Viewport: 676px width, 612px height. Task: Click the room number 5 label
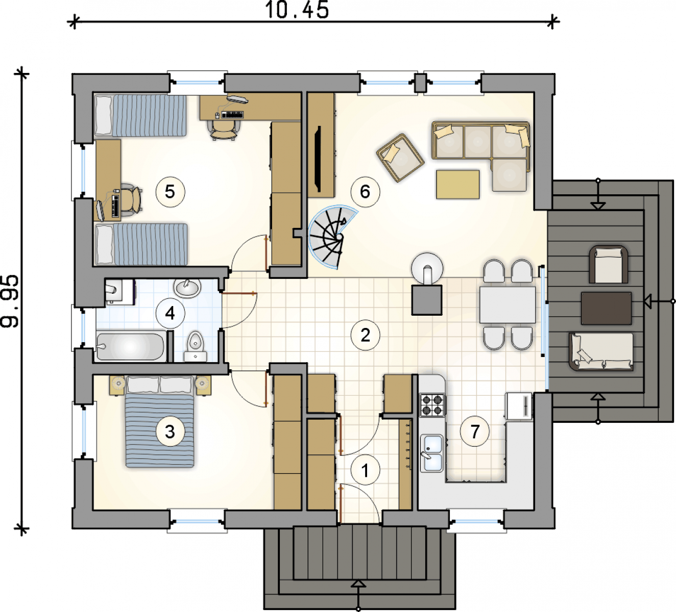(170, 192)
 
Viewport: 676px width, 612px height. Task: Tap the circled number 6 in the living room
(365, 192)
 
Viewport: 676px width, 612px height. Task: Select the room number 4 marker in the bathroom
(170, 314)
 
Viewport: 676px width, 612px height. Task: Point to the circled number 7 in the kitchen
(475, 431)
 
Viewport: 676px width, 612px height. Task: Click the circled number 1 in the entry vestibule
(365, 470)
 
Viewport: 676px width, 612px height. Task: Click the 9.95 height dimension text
(9, 301)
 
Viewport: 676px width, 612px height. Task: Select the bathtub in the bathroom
(130, 347)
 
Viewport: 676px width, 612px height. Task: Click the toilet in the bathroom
(196, 346)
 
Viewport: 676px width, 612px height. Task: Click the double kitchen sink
(432, 453)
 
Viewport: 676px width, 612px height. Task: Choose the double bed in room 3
(160, 422)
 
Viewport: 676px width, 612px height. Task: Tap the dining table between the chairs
(508, 305)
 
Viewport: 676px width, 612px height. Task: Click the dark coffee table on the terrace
(606, 309)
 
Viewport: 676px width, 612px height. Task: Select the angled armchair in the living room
(400, 158)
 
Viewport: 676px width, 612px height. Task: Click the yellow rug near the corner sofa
(457, 185)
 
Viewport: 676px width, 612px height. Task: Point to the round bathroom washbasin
(187, 288)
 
